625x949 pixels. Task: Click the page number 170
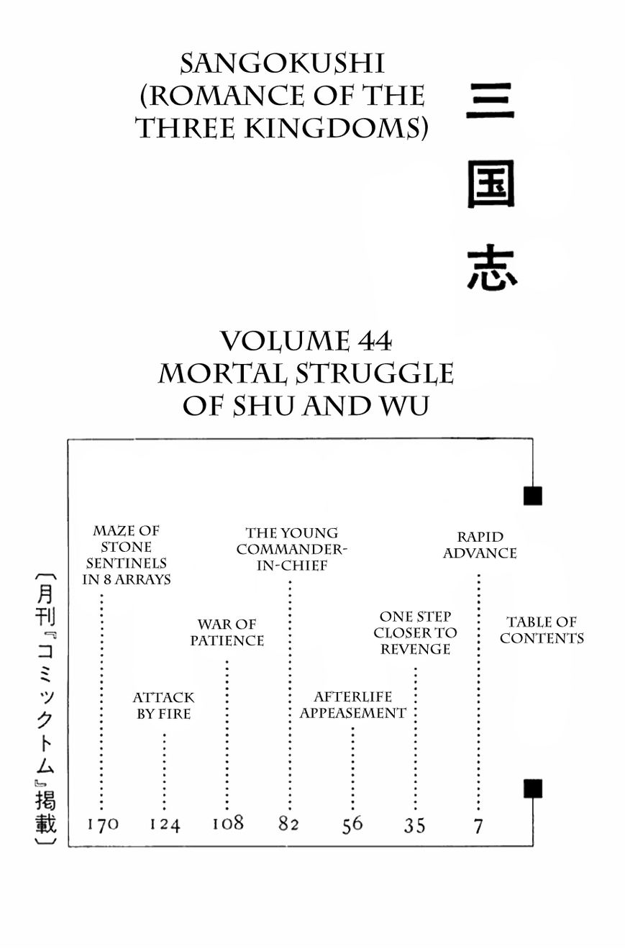tap(102, 825)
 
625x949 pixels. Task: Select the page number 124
tap(165, 825)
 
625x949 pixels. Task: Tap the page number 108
tap(227, 823)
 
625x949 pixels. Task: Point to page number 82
tap(288, 825)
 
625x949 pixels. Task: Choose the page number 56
tap(352, 825)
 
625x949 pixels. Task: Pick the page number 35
tap(414, 825)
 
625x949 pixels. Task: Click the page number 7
tap(478, 826)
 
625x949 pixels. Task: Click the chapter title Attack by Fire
tap(164, 705)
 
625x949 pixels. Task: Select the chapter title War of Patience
tap(227, 632)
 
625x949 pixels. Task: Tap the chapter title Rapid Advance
tap(480, 545)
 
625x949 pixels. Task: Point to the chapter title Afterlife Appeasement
tap(352, 705)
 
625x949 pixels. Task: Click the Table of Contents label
tap(542, 630)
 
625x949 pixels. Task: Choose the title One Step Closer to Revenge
tap(415, 632)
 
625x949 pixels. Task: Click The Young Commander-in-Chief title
tap(291, 549)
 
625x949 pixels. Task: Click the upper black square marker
tap(532, 496)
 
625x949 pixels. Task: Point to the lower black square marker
tap(532, 789)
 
